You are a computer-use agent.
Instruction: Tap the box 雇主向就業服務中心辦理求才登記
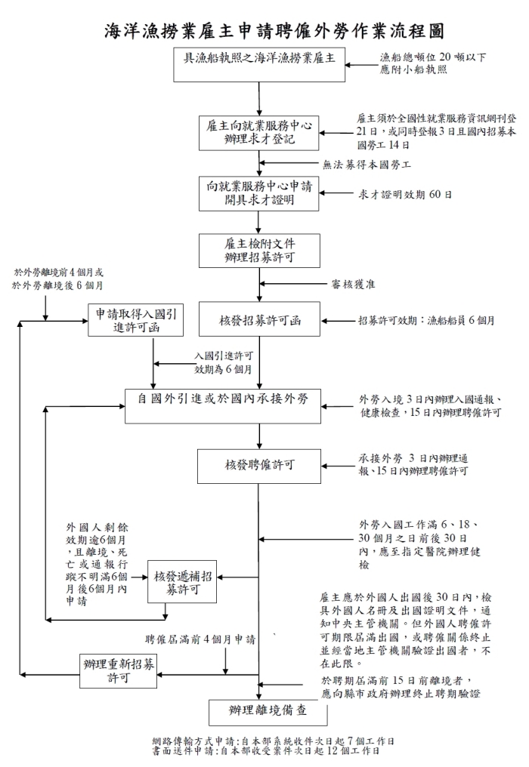point(258,131)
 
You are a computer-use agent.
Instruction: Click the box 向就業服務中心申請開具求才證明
point(258,193)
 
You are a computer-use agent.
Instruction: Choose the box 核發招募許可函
point(258,319)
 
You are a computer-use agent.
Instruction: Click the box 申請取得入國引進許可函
point(137,319)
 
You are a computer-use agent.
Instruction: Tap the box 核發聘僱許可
point(258,466)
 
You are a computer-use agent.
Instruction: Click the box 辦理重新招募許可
point(119,670)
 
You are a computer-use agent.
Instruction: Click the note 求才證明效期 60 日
point(405,193)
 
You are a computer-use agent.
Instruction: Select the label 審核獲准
point(353,285)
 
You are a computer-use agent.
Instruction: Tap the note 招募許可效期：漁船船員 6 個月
point(426,320)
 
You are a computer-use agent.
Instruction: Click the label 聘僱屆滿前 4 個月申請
point(200,639)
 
